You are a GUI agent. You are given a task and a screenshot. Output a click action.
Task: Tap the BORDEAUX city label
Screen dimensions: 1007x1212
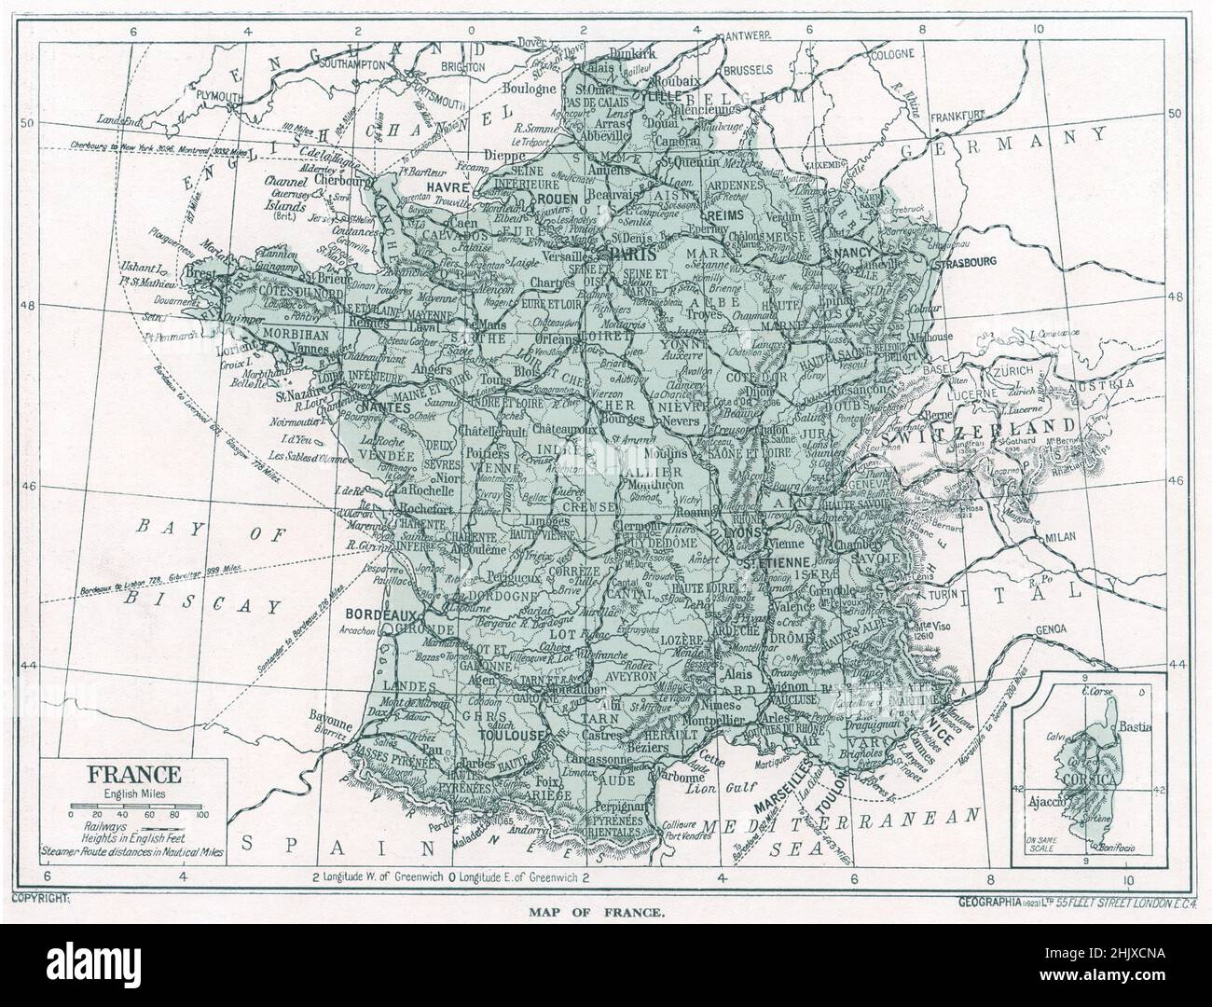click(x=379, y=616)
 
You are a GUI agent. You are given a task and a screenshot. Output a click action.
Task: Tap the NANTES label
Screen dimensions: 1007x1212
click(x=380, y=408)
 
